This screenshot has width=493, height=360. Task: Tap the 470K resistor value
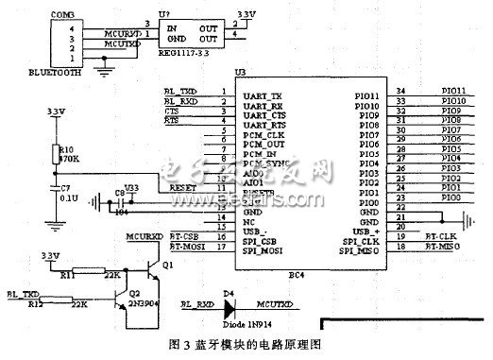[x=66, y=158]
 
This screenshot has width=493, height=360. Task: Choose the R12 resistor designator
[x=34, y=304]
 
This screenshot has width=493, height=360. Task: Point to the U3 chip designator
[x=240, y=73]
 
